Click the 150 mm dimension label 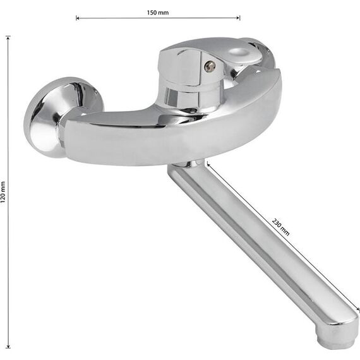(x=158, y=13)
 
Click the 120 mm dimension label (x=3, y=192)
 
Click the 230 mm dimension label (x=280, y=227)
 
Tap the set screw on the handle (x=209, y=66)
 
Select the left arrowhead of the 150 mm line (x=78, y=18)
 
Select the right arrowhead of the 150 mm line (x=238, y=18)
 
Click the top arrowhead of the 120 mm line (x=8, y=38)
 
